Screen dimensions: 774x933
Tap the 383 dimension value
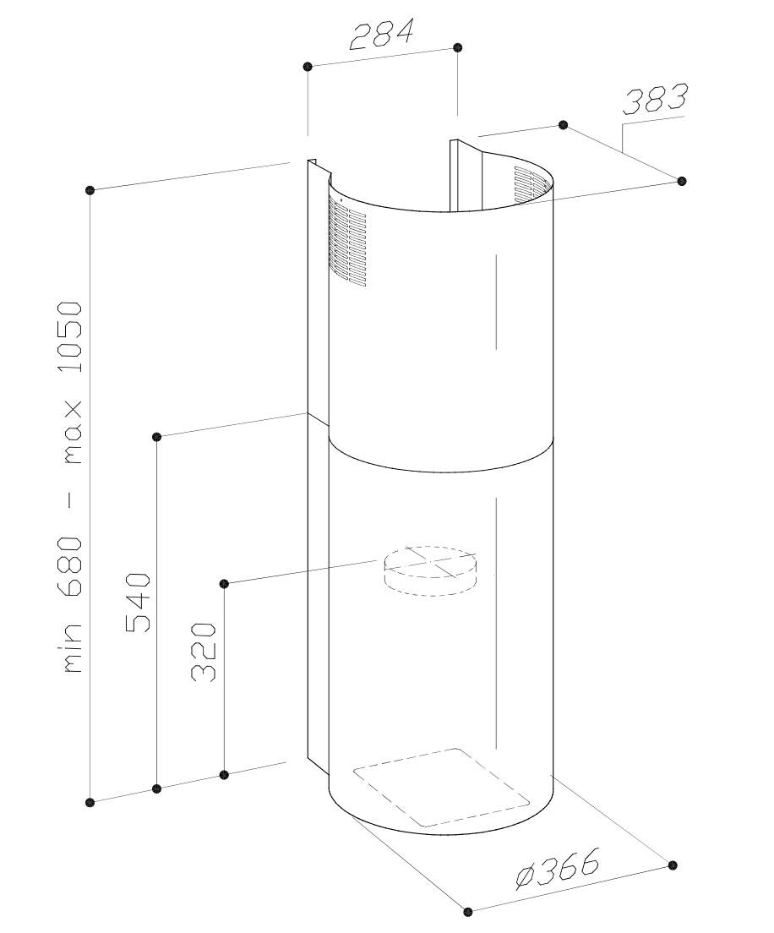point(655,99)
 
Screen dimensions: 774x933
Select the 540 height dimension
point(138,603)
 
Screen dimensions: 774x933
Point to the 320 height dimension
point(203,652)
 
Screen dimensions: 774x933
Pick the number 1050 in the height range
point(70,336)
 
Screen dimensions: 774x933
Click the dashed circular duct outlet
point(431,570)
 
